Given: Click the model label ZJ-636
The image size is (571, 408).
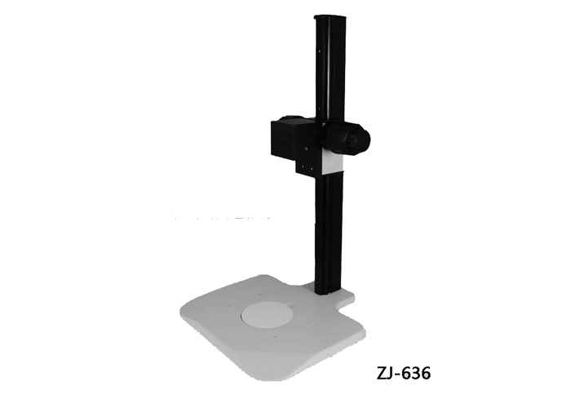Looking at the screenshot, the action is pos(403,373).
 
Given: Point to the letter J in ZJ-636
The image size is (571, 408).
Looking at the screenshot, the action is pos(391,374).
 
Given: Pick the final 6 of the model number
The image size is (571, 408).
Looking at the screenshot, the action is pos(425,373).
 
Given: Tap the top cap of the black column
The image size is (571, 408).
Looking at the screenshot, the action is pos(330,17).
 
